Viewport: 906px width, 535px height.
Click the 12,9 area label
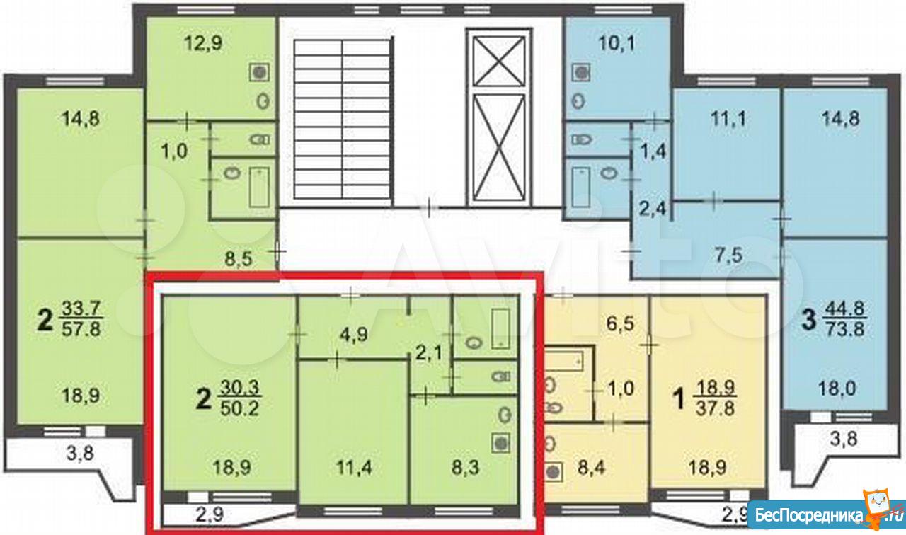point(202,43)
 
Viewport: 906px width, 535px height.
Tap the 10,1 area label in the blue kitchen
point(617,43)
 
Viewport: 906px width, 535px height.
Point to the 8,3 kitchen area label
point(465,468)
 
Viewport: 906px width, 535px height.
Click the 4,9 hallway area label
point(353,335)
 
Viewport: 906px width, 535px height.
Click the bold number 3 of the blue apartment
point(808,321)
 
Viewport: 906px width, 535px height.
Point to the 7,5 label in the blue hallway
point(729,255)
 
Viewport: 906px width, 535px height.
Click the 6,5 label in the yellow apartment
point(621,324)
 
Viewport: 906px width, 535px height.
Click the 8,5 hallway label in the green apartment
point(239,259)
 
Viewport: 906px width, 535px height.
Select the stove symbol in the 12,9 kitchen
point(259,73)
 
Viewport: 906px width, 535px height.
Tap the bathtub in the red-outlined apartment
point(502,329)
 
